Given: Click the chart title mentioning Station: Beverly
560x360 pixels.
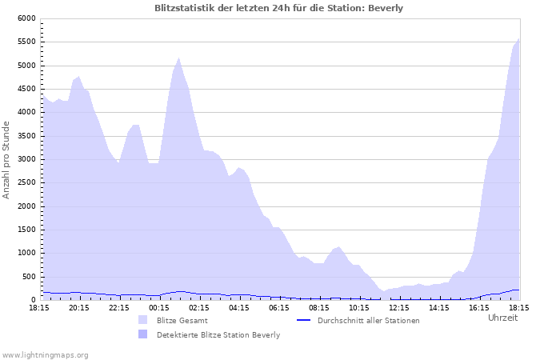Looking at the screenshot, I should click(x=279, y=8).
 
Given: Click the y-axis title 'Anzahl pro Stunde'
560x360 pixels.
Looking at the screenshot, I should click(x=7, y=159).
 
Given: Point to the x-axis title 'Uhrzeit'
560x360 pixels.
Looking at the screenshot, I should click(x=502, y=318).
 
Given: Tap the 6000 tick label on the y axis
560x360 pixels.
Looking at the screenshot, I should click(x=26, y=18).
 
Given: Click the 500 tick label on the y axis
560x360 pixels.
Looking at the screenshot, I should click(x=30, y=277).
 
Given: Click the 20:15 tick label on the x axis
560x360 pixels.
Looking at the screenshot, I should click(x=79, y=307).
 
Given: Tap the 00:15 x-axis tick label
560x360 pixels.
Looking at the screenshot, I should click(x=159, y=307).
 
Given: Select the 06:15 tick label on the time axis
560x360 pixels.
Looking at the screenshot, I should click(x=279, y=307).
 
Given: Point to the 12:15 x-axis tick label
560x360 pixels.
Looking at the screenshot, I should click(x=399, y=307).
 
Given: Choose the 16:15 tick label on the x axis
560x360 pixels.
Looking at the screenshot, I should click(x=479, y=307).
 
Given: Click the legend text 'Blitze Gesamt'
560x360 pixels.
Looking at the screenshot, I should click(x=182, y=321).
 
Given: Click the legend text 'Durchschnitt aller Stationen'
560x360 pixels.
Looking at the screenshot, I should click(x=368, y=321).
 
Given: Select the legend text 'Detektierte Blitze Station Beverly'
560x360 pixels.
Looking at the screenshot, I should click(x=218, y=335).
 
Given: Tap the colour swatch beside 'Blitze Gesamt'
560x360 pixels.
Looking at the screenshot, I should click(x=143, y=320).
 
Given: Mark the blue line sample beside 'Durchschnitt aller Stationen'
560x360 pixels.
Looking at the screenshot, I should click(x=303, y=320).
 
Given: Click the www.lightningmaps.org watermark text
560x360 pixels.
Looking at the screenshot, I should click(x=46, y=354).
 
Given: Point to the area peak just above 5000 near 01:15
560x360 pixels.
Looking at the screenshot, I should click(x=178, y=58).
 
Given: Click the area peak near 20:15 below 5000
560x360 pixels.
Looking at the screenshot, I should click(x=78, y=77).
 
